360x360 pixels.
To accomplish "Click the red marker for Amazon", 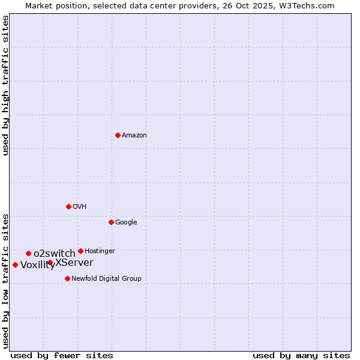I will [x=118, y=135].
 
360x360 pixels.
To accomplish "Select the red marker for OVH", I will [x=68, y=206].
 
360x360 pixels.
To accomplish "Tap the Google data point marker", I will [x=111, y=222].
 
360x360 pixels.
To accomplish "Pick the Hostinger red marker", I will [x=80, y=251].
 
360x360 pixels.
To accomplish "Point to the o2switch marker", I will [x=28, y=253].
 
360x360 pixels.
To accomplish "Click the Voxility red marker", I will [x=15, y=265].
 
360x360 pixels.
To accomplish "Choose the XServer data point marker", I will [x=50, y=263].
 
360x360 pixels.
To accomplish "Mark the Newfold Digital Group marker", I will [x=67, y=278].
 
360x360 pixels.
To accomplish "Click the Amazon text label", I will [x=134, y=136].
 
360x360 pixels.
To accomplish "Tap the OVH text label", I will [x=80, y=207].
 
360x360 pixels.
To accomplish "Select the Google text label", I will [x=126, y=223].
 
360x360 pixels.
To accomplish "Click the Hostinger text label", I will [x=100, y=251].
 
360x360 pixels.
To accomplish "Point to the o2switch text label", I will [x=55, y=254].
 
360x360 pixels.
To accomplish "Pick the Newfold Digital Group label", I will [x=106, y=279].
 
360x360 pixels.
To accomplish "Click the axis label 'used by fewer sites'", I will [x=62, y=355].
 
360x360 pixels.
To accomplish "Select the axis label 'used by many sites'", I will [x=301, y=355].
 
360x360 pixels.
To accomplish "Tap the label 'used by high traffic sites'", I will [x=6, y=85].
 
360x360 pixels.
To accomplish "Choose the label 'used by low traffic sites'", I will [x=6, y=280].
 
